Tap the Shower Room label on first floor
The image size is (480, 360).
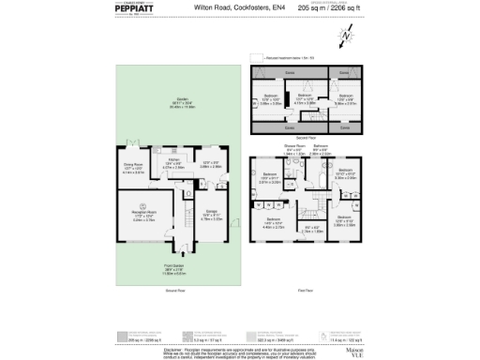pos(293,147)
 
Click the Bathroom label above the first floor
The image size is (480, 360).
pos(320,146)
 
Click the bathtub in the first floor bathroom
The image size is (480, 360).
pos(320,162)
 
